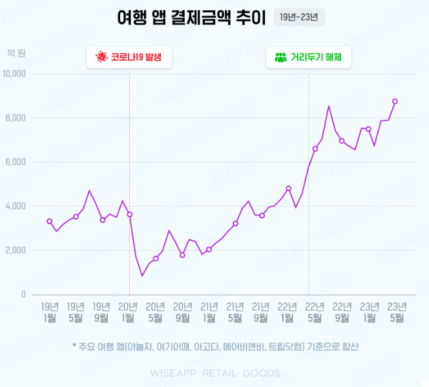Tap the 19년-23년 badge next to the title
[x=299, y=17]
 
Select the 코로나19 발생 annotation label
[x=129, y=57]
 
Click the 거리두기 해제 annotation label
[x=309, y=57]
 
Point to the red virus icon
[x=101, y=57]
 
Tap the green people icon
[x=280, y=57]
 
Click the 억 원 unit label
[x=17, y=52]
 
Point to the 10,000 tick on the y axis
[x=14, y=74]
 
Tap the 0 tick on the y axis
[x=23, y=295]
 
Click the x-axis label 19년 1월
[x=50, y=311]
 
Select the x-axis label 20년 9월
[x=182, y=311]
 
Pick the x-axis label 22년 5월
[x=315, y=311]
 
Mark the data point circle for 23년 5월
[x=395, y=101]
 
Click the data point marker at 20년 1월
[x=129, y=214]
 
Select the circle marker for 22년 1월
[x=289, y=189]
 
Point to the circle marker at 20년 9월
[x=182, y=255]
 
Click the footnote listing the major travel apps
[x=215, y=347]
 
